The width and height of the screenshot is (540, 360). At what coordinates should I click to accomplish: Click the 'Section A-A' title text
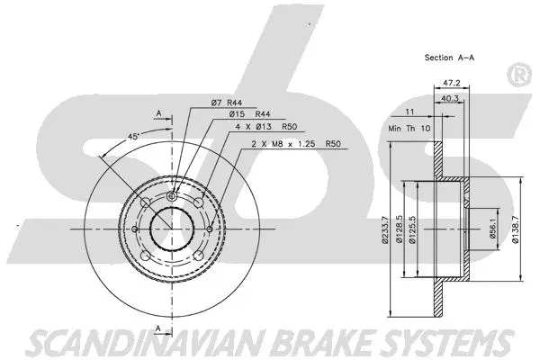(x=450, y=57)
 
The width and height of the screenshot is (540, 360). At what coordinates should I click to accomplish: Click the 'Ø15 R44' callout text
(x=249, y=115)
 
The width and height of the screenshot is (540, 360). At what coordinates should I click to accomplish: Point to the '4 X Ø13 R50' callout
(x=265, y=128)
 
